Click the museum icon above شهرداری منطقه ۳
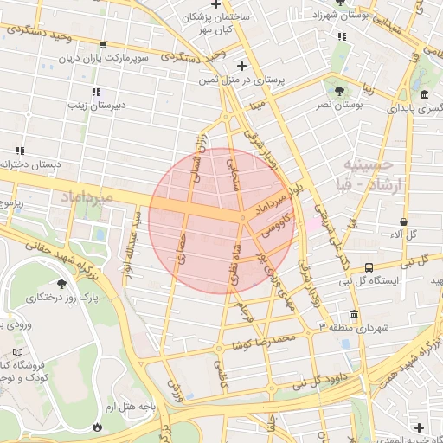click(x=355, y=314)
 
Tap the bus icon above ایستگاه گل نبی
click(x=369, y=267)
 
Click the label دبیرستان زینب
click(x=99, y=106)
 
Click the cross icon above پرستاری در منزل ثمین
click(x=242, y=65)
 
